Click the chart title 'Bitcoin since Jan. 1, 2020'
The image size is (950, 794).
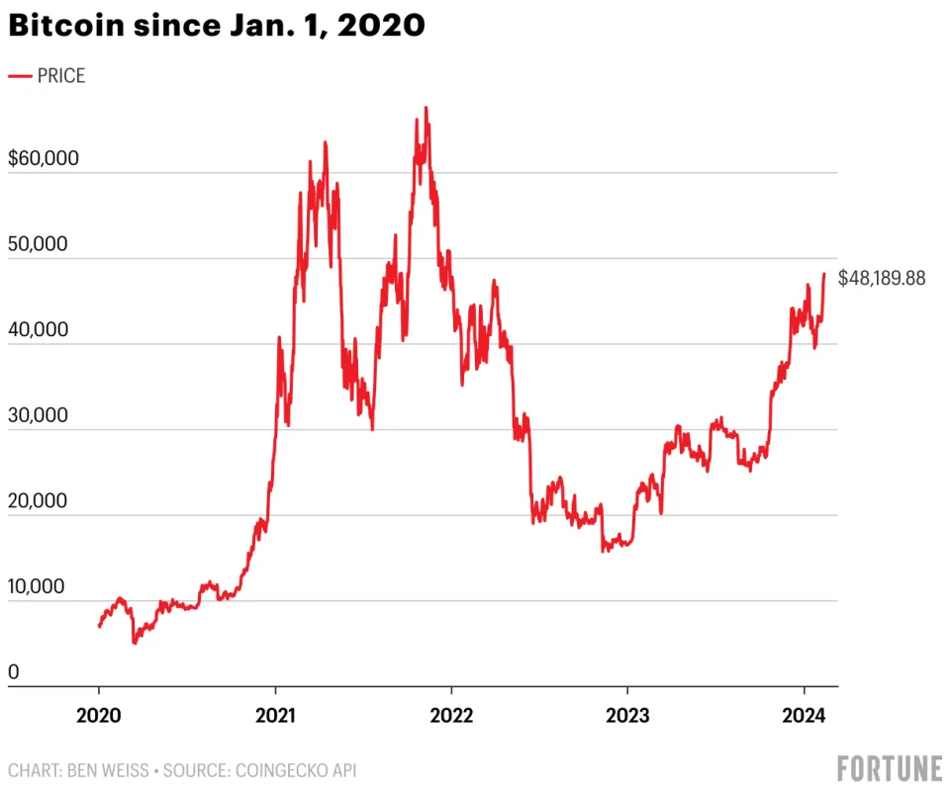[217, 27]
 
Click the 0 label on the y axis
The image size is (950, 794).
[14, 672]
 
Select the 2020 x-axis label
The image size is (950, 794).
[99, 717]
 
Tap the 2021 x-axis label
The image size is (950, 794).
[275, 717]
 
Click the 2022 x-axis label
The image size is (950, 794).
[451, 717]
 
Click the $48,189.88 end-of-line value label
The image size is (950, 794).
[882, 279]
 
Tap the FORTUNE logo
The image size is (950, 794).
[889, 769]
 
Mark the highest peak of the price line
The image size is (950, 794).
[427, 108]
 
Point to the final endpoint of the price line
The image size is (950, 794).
[824, 275]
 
